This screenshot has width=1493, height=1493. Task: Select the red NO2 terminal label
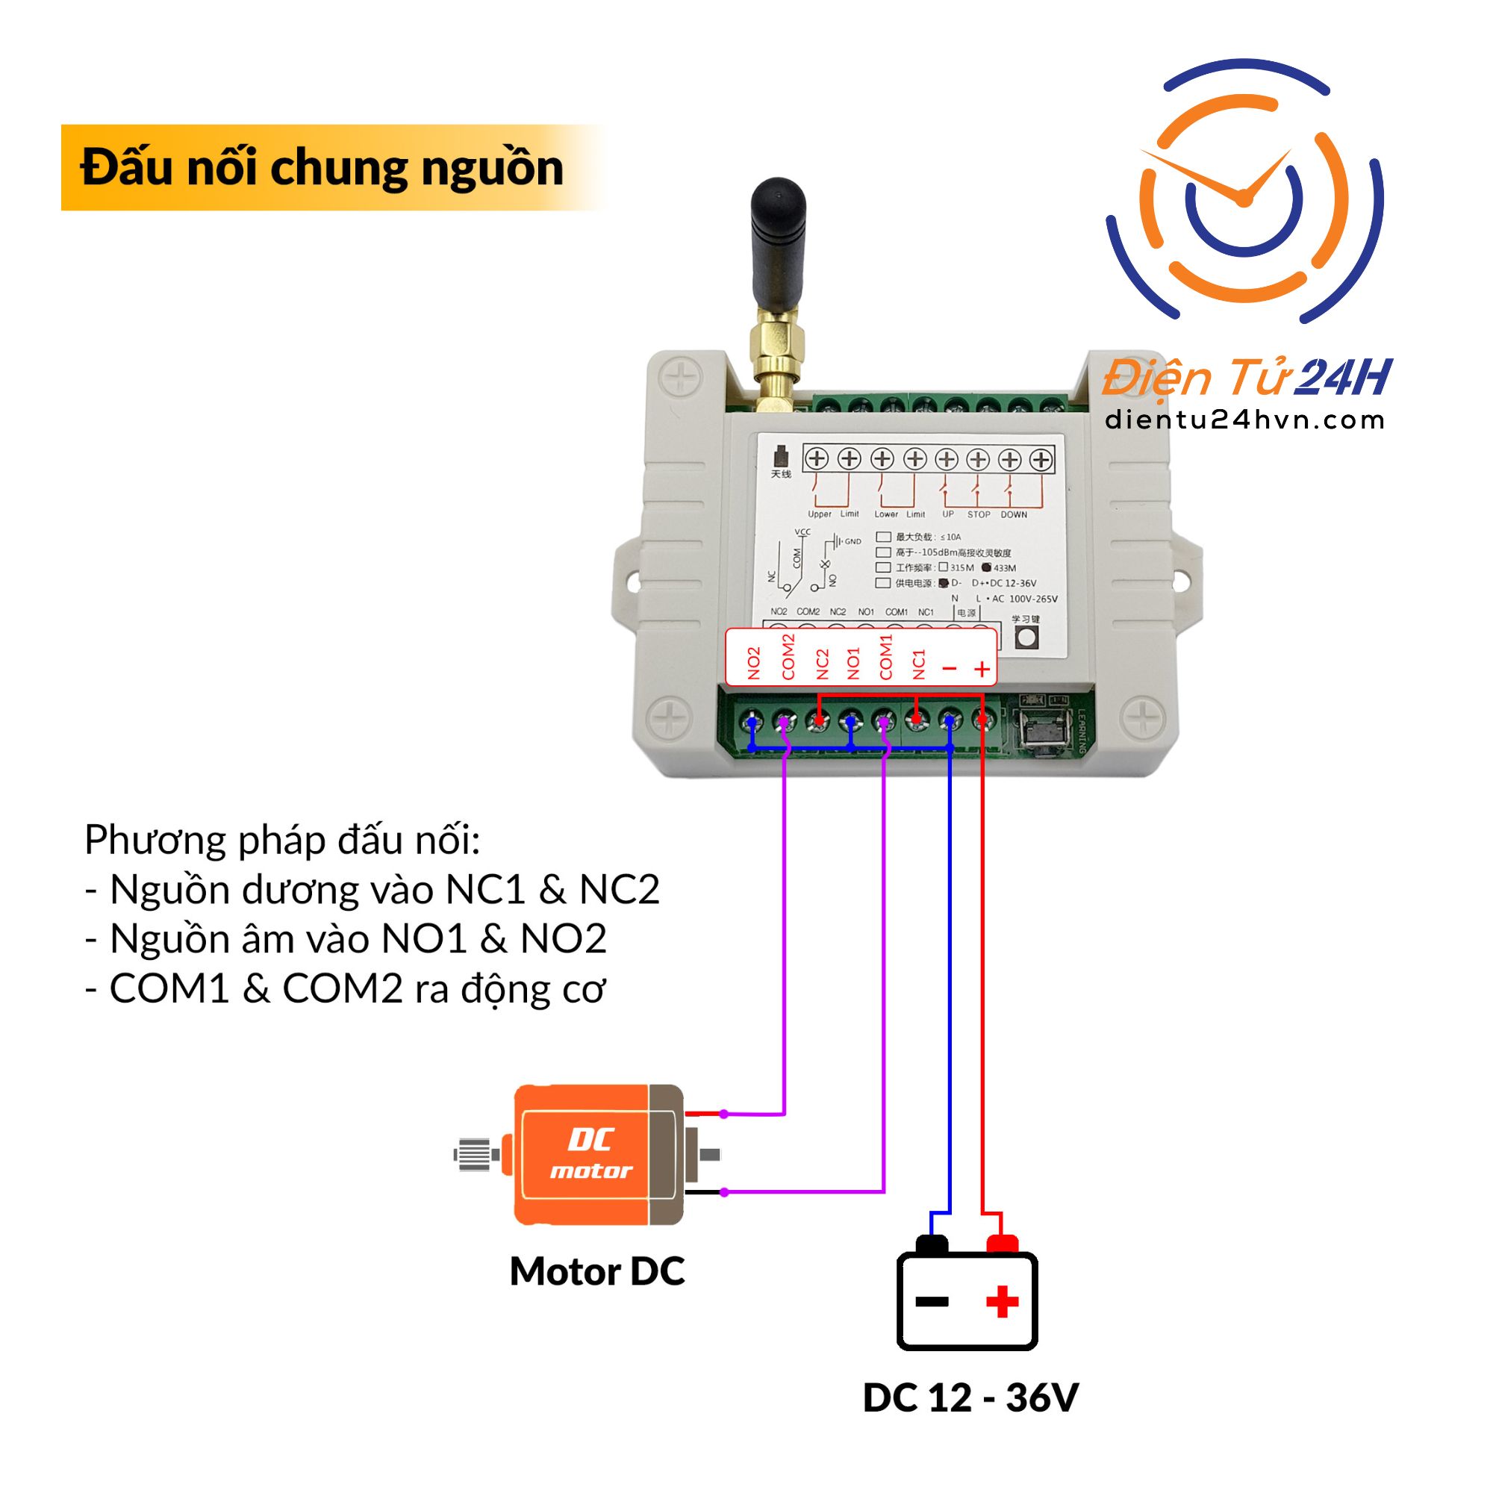coord(754,663)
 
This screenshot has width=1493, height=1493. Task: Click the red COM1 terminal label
coord(885,658)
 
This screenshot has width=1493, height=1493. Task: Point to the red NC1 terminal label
coord(919,664)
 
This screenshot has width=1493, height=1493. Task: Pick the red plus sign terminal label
coord(982,669)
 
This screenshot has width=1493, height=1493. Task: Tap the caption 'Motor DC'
coord(596,1271)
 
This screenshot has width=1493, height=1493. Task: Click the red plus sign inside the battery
coord(1002,1301)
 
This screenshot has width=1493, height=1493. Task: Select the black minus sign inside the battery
coord(932,1301)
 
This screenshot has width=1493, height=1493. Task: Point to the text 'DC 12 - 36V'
coord(970,1397)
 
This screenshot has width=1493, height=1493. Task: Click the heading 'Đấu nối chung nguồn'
coord(322,168)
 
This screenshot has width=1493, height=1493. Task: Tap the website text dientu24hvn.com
coord(1244,420)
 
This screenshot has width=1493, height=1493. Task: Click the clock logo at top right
coord(1244,193)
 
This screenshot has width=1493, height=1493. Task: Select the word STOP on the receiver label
coord(979,514)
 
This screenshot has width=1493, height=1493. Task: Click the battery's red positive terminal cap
coord(1003,1244)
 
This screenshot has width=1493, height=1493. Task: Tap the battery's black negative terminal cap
coord(931,1244)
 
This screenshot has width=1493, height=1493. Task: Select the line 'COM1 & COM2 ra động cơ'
coord(346,988)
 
